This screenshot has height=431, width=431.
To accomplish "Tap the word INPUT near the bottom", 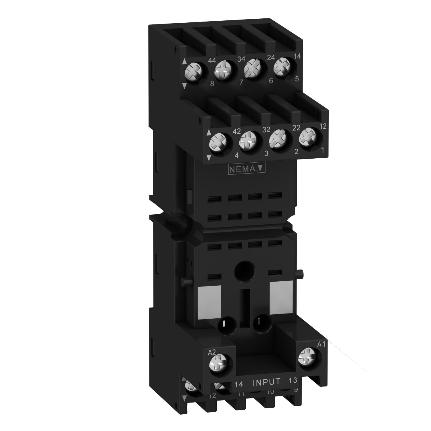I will (x=266, y=382).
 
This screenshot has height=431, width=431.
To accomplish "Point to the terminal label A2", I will (x=211, y=353).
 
